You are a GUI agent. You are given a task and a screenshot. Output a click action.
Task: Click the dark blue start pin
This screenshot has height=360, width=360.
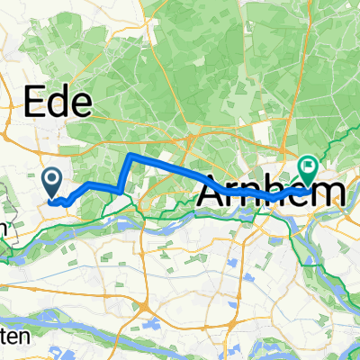coord(51,184)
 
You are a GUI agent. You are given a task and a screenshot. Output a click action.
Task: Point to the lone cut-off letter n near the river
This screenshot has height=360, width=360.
coord(4,228)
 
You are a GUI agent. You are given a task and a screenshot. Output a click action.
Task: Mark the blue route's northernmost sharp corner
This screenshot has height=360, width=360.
coord(129,156)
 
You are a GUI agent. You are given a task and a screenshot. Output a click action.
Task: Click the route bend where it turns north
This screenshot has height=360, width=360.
coord(121,188)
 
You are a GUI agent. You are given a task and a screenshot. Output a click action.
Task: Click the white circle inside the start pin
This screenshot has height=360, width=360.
coord(51,181)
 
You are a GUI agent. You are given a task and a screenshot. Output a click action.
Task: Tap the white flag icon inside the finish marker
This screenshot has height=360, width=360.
coord(310,164)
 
